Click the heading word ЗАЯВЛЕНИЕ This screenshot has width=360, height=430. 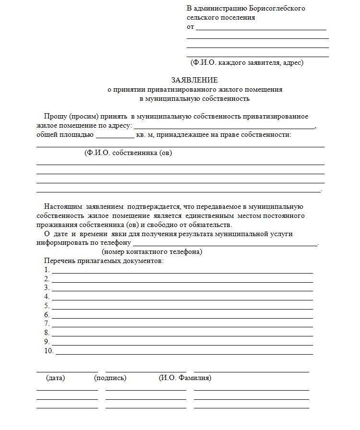point(194,80)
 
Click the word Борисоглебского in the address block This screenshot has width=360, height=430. point(276,8)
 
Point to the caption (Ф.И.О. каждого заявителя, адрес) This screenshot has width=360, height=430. point(247,62)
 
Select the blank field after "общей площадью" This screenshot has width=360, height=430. point(115,137)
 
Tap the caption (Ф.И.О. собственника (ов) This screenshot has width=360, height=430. point(128,153)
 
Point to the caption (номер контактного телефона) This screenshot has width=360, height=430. point(152,252)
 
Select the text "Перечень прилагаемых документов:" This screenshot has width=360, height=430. point(104,261)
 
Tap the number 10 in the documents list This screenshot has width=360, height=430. point(48,351)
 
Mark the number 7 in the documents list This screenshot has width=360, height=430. point(47,324)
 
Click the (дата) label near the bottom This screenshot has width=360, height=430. point(56,378)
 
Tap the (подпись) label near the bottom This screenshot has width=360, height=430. point(110,378)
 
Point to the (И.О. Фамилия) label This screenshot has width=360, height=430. point(185,378)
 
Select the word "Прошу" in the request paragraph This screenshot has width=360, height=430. point(55,117)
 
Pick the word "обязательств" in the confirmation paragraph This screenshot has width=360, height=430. point(210,225)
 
